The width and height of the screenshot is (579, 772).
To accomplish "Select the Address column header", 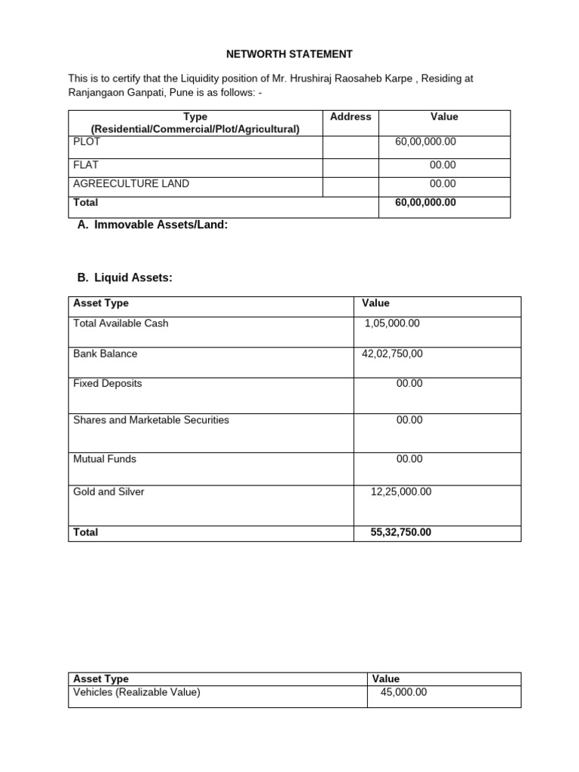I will point(351,117).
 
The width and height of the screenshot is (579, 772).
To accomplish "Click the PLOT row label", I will point(87,141).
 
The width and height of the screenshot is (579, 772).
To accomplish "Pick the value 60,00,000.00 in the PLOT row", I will point(425,142).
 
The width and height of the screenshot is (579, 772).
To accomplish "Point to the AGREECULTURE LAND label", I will point(131,183).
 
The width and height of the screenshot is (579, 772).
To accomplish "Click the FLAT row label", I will point(86,164).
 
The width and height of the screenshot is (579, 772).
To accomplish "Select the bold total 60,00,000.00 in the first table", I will point(425,203).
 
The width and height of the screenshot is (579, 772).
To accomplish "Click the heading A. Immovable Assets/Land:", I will point(152,225).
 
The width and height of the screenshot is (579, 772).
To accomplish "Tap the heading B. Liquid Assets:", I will point(125,278).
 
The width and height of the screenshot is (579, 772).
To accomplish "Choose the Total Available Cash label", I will point(121,323).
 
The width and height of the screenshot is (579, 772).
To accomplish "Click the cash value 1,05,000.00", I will point(392,323).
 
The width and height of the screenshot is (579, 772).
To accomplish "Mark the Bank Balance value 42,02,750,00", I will point(393,354).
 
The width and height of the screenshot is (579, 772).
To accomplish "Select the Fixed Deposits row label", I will point(107,384).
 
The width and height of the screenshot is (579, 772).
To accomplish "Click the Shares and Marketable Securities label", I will point(151,420).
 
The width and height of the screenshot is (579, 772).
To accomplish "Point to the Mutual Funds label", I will point(105,459).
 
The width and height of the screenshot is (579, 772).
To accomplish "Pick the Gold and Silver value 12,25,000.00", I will point(401,492).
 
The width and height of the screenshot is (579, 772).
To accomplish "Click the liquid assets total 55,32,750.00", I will point(401,532).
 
